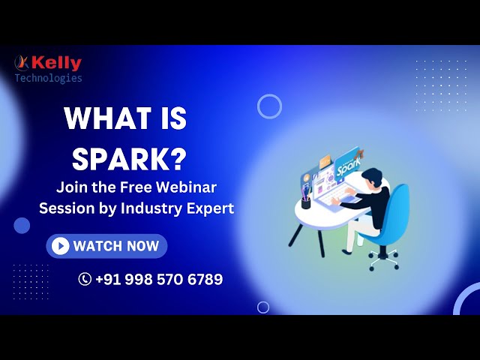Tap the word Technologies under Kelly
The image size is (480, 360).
pos(49,78)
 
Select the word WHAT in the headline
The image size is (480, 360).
pos(104,120)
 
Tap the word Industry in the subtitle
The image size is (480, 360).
pos(148,208)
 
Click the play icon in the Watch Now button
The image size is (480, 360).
pos(61,246)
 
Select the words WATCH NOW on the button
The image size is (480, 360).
pos(116,246)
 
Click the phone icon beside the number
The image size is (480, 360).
pos(85,280)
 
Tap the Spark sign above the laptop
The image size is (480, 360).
pos(350,166)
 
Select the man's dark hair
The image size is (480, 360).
pos(370,178)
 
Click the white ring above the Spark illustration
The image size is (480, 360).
pos(269,106)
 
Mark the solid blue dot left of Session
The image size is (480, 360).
pos(22,225)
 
